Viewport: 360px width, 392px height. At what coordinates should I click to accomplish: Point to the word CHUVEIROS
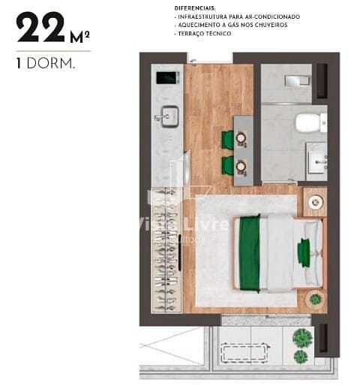click(271, 25)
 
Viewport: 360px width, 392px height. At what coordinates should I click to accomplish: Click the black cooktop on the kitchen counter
click(165, 77)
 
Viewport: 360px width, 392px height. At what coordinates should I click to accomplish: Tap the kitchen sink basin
click(168, 115)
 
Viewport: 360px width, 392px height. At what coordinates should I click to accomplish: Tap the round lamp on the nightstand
click(314, 201)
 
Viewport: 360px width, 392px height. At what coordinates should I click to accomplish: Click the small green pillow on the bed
click(304, 252)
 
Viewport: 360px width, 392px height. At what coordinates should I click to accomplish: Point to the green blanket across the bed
click(247, 252)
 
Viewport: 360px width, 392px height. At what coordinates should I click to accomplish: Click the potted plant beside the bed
click(316, 299)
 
